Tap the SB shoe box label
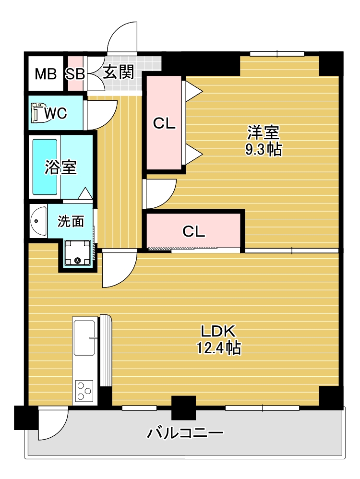pyautogui.click(x=75, y=74)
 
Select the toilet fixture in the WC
pyautogui.click(x=37, y=113)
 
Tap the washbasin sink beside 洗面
pyautogui.click(x=37, y=221)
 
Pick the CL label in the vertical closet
pyautogui.click(x=164, y=124)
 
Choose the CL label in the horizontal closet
pyautogui.click(x=194, y=231)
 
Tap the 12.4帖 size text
pyautogui.click(x=218, y=347)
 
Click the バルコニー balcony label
pyautogui.click(x=185, y=433)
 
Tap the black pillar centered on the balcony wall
pyautogui.click(x=184, y=407)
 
